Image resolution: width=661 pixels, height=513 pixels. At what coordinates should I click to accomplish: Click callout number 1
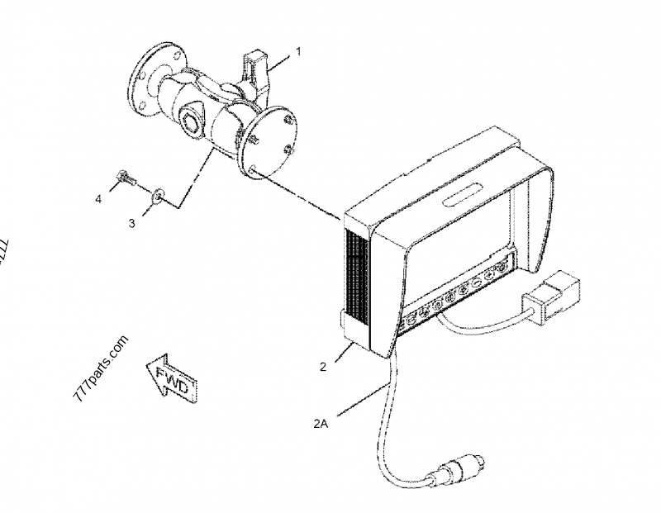click(299, 51)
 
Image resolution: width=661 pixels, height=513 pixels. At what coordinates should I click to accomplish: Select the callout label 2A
click(321, 425)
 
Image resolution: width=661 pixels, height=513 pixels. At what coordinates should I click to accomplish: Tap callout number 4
click(99, 198)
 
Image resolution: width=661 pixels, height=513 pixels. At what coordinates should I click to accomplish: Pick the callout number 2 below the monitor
click(323, 366)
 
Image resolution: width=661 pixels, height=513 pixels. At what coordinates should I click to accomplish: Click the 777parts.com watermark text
click(102, 368)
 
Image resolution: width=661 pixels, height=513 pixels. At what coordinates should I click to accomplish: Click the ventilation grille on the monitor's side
click(356, 277)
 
